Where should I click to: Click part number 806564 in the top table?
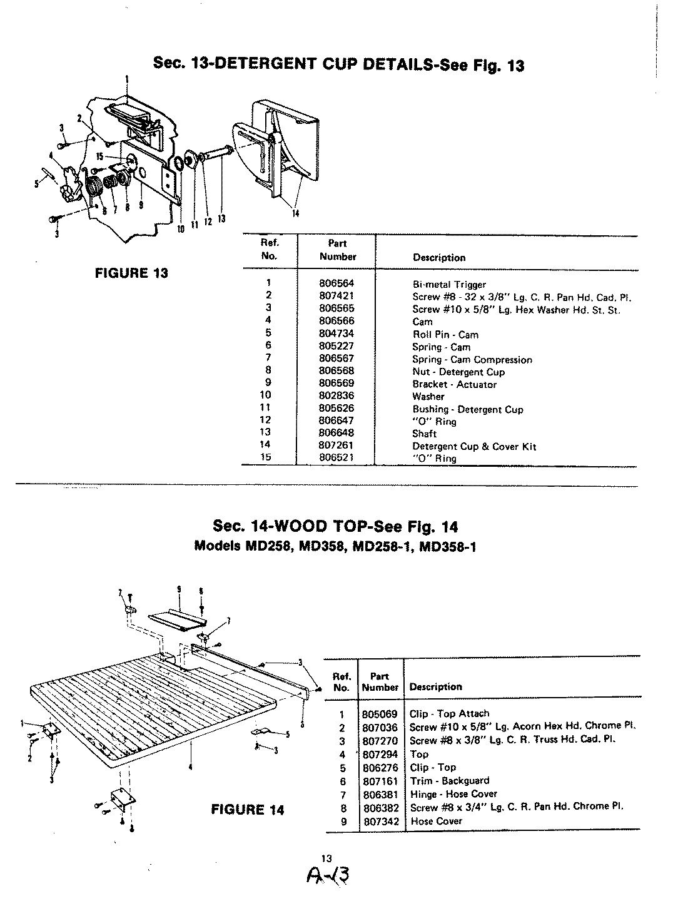pos(336,283)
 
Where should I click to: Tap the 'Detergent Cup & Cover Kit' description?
pos(473,446)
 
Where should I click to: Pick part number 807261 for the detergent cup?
pos(336,445)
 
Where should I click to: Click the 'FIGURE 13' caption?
pos(131,273)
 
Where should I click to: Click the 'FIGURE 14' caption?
pos(247,810)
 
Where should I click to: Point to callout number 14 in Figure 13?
pos(296,213)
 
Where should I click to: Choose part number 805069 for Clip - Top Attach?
pos(380,713)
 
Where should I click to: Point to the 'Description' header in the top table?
pos(438,257)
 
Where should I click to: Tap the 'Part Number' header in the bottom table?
pos(380,681)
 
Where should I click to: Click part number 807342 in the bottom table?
pos(380,821)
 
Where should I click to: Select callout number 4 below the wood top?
pos(190,766)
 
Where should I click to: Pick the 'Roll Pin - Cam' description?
pos(445,334)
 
